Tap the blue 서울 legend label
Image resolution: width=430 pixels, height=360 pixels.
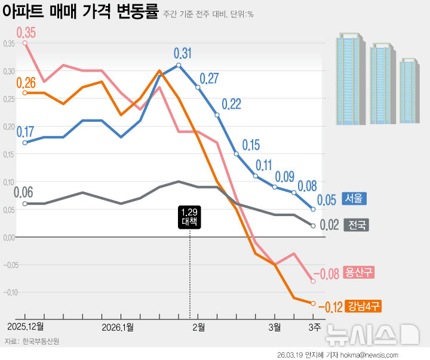pyautogui.click(x=354, y=199)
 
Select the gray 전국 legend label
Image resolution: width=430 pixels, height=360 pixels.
pyautogui.click(x=357, y=226)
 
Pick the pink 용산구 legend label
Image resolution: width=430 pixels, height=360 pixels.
pyautogui.click(x=360, y=273)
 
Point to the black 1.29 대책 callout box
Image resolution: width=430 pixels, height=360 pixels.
pyautogui.click(x=190, y=217)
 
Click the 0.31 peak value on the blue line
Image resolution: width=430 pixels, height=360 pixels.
pyautogui.click(x=183, y=54)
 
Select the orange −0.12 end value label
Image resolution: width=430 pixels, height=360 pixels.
pyautogui.click(x=330, y=307)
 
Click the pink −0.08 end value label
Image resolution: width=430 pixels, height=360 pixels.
pyautogui.click(x=326, y=274)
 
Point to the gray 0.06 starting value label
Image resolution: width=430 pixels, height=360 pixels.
pyautogui.click(x=24, y=193)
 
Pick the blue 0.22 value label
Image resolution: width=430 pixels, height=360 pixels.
pyautogui.click(x=231, y=104)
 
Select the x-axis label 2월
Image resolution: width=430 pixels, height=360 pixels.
pyautogui.click(x=198, y=327)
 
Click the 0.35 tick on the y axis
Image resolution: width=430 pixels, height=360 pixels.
pyautogui.click(x=8, y=44)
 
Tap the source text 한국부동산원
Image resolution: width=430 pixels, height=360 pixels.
pyautogui.click(x=41, y=341)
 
